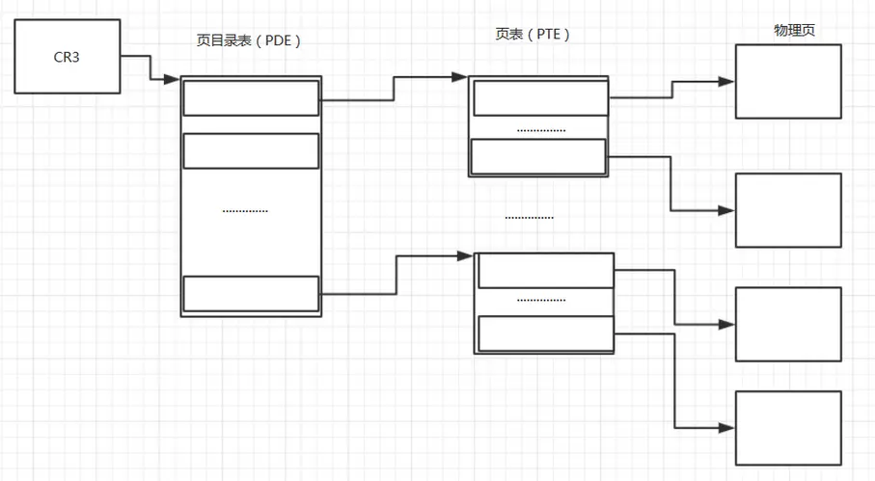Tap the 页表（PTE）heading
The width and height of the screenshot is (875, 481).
pos(533,34)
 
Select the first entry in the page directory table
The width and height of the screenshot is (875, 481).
pos(251,98)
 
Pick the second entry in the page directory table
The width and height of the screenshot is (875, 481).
pos(251,150)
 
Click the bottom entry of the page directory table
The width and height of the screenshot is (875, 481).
pos(251,294)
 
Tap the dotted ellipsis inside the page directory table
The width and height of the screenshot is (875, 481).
pos(245,210)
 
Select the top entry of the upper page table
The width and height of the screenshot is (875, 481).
pos(540,98)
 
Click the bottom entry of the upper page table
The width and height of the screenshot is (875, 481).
pos(538,156)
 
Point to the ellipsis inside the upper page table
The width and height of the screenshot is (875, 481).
pos(541,129)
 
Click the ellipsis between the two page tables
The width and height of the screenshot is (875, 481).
pos(530,217)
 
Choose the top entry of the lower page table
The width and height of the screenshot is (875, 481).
pos(546,271)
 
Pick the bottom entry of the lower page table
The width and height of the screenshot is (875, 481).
pos(546,334)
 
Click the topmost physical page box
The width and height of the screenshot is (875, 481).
pos(788,82)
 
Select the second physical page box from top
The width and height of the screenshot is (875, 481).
pos(788,210)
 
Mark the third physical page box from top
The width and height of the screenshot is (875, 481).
pos(788,324)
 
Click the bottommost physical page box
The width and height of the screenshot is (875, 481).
pos(788,427)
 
